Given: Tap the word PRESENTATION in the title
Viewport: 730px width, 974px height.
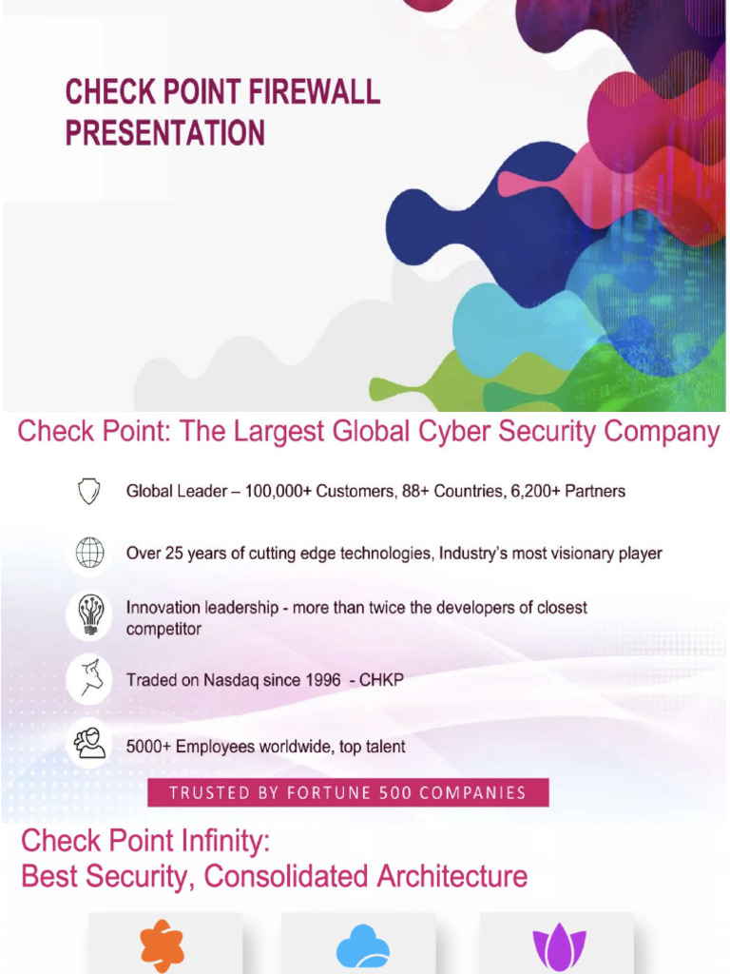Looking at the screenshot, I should click(164, 131).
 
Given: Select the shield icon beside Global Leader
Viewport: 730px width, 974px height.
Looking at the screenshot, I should click(89, 491).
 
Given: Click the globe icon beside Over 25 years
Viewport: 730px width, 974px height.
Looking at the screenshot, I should click(89, 553).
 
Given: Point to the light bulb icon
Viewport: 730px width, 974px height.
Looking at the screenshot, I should click(89, 615).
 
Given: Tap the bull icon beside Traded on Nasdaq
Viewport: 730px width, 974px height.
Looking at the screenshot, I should click(89, 679).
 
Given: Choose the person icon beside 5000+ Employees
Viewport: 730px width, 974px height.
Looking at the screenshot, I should click(89, 743).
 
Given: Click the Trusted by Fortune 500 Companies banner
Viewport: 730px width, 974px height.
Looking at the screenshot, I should click(348, 792).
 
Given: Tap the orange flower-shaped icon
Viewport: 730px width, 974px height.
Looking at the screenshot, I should click(163, 945).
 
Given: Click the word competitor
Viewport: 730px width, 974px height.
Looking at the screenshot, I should click(163, 629).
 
